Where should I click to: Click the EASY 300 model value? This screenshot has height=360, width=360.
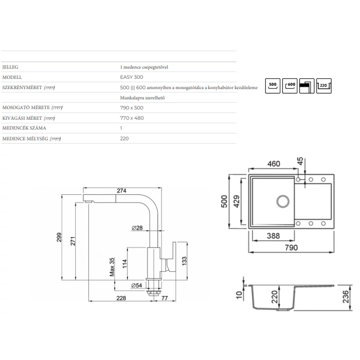tap(131, 77)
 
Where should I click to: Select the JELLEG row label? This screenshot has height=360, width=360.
tap(10, 67)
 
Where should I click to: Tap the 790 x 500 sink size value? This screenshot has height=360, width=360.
tap(131, 108)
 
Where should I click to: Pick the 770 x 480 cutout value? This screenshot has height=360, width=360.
tap(132, 118)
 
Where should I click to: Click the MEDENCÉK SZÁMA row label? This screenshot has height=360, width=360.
tap(24, 128)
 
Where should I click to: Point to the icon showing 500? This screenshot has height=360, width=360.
tap(273, 86)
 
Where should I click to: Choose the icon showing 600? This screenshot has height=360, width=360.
tap(290, 86)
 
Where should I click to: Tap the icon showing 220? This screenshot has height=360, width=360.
tap(324, 86)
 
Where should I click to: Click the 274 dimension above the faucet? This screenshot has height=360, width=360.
tap(121, 190)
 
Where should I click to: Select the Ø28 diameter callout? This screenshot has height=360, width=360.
tap(137, 228)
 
